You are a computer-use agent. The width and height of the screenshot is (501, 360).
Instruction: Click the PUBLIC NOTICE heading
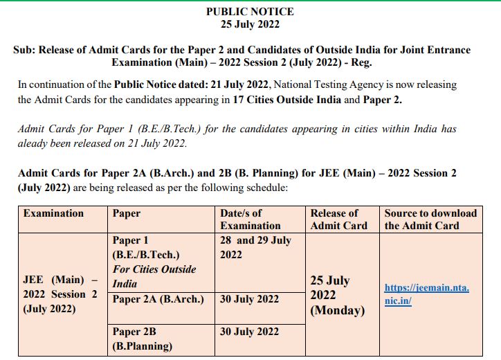click(250, 12)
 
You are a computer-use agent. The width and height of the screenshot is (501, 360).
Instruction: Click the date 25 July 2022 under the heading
click(250, 24)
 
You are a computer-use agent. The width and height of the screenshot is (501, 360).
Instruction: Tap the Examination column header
click(53, 213)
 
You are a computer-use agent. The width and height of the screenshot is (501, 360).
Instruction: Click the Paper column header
click(127, 213)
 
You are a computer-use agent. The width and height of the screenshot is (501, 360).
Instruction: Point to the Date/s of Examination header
click(250, 219)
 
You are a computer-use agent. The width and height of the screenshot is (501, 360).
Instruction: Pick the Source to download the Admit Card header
click(430, 219)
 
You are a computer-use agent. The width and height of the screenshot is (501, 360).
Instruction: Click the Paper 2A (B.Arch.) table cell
click(158, 299)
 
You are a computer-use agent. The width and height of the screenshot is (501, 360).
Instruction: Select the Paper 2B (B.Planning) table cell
click(143, 339)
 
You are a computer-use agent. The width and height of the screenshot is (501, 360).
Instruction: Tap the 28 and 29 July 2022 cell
click(255, 247)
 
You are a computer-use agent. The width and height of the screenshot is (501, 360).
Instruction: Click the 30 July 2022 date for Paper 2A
click(249, 299)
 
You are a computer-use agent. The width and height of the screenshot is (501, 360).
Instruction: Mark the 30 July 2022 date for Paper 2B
click(249, 332)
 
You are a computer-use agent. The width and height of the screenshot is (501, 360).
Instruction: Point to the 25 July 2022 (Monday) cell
click(338, 296)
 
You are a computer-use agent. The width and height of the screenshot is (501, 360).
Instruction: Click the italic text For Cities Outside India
click(154, 276)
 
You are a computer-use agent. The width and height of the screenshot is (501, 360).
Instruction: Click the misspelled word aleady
click(35, 144)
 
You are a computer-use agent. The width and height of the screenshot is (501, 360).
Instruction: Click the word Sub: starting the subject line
click(25, 50)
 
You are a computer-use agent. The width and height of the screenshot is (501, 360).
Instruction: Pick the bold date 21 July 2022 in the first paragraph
click(239, 84)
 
